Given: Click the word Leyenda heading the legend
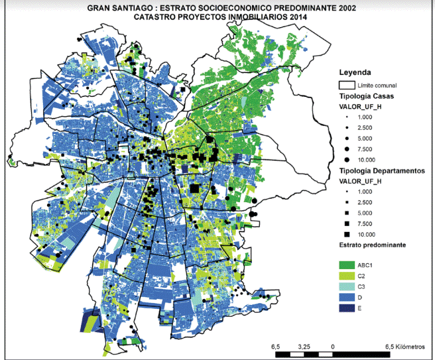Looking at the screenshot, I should [x=355, y=72].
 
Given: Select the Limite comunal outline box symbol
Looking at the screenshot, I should [x=347, y=85].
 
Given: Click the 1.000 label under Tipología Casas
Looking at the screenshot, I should [x=365, y=117].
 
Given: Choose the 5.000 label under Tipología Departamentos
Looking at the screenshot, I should [x=366, y=213].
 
